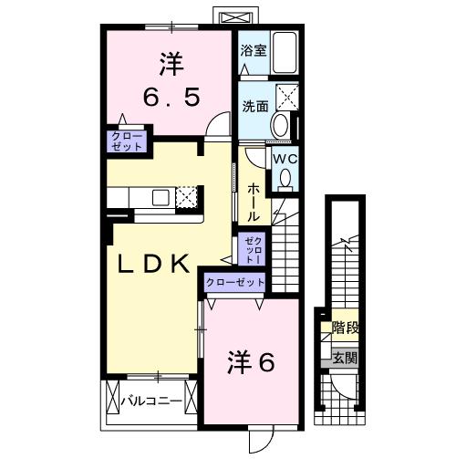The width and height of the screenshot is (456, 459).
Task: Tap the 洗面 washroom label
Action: coord(254,106)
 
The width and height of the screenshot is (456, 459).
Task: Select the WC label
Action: coord(285,159)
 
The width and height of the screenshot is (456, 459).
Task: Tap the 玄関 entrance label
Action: coord(345,358)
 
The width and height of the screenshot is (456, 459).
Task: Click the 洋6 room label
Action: coord(251,363)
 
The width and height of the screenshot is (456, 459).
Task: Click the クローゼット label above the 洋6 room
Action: coord(235,282)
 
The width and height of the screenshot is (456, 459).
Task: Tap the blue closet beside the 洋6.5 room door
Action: coord(121,141)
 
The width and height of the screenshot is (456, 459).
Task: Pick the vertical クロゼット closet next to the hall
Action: coord(253,247)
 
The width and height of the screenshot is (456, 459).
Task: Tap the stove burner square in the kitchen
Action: coord(186,197)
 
